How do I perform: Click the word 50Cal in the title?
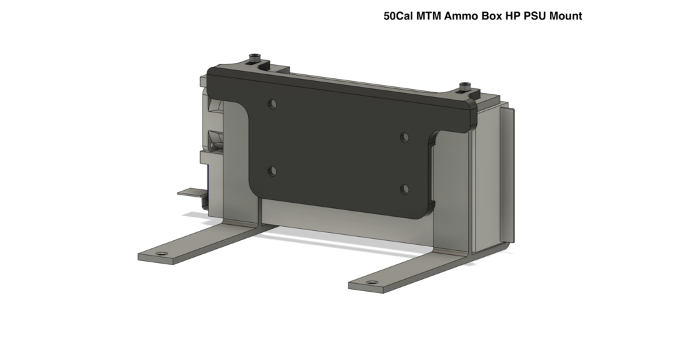click(x=398, y=16)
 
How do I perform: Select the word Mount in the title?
click(x=565, y=16)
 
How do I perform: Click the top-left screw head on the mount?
click(x=254, y=56)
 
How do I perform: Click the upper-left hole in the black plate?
click(x=272, y=104)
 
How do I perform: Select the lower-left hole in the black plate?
click(x=272, y=171)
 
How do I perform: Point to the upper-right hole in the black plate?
click(x=404, y=137)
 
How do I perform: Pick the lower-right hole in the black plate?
click(x=404, y=189)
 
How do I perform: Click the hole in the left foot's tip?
click(x=161, y=255)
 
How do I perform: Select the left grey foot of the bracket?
click(x=201, y=242)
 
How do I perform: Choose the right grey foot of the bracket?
click(x=415, y=268)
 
